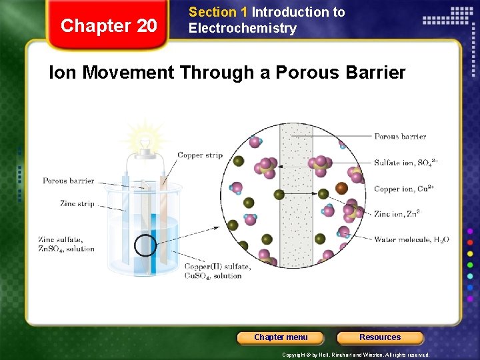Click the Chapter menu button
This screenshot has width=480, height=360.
tap(281, 337)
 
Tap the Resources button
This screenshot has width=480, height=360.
tap(380, 337)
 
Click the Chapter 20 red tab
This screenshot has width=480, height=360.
tap(109, 26)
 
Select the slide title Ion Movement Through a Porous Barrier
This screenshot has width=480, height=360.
tap(227, 73)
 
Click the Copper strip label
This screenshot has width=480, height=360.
tap(200, 155)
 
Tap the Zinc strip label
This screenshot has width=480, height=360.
tap(77, 204)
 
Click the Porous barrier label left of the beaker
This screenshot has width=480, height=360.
tap(69, 181)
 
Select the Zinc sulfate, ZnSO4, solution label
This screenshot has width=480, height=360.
tap(66, 244)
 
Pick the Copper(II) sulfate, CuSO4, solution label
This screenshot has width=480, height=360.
tap(217, 271)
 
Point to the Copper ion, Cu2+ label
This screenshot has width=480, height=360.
tap(404, 189)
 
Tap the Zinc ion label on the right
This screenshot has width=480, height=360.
tap(397, 214)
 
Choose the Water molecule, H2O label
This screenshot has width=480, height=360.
tap(411, 240)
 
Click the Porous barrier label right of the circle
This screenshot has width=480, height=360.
tap(400, 137)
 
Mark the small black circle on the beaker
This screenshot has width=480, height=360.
tap(145, 246)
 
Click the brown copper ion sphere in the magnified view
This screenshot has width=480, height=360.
tap(341, 189)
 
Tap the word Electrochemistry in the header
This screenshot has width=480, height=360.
tap(243, 28)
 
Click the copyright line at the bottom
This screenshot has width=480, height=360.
tap(356, 355)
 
